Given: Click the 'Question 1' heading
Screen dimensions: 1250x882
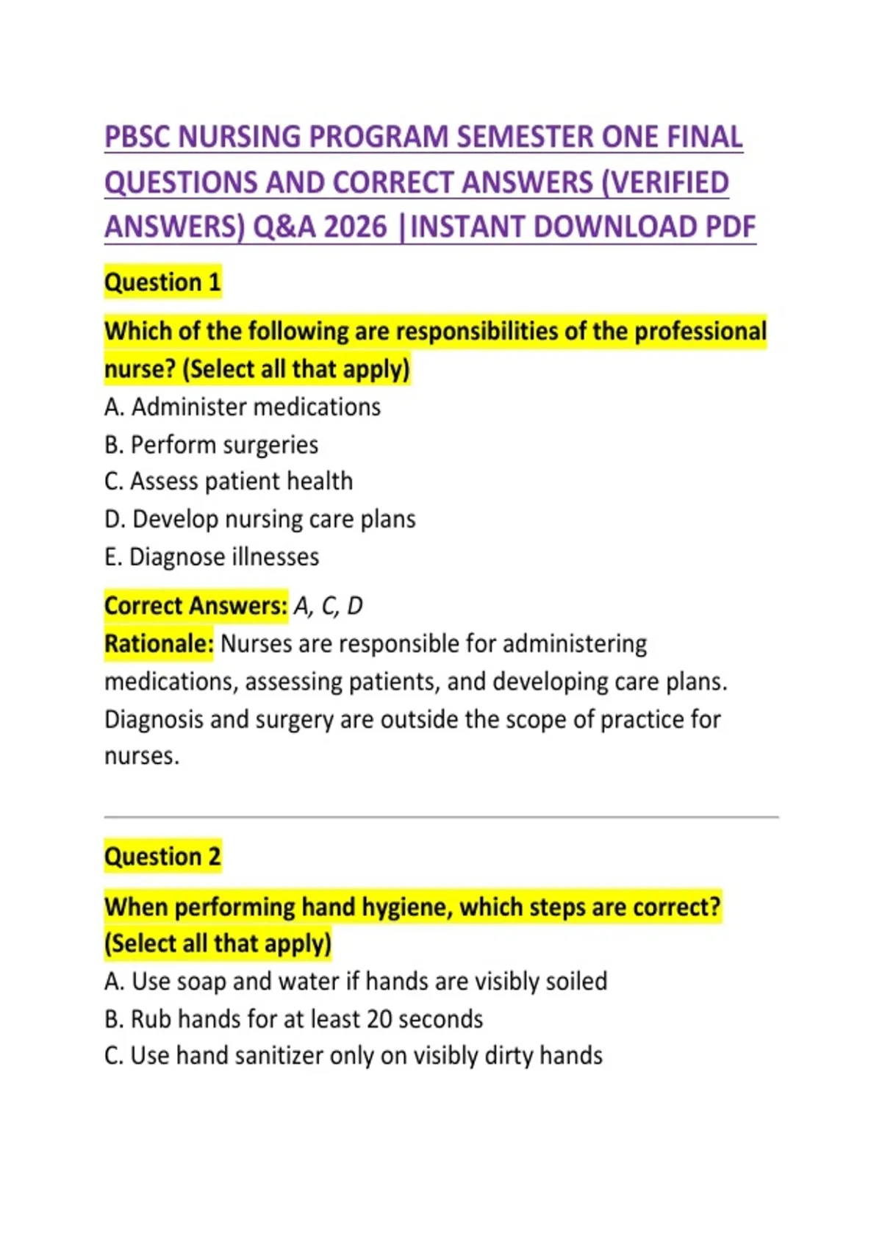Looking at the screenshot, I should (x=162, y=282).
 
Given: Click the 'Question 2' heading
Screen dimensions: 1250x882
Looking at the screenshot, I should (x=162, y=857).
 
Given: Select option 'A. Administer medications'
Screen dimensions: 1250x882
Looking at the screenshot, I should (x=243, y=407).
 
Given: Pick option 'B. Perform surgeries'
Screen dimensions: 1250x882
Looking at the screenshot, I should (x=211, y=445).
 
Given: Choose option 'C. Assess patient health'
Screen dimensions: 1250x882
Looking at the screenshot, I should (x=229, y=482).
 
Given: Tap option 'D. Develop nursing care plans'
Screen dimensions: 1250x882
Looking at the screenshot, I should (x=260, y=519).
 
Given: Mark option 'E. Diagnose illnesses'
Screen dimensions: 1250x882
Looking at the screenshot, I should (x=212, y=557).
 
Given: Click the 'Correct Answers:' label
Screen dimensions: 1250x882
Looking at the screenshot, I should (x=196, y=606).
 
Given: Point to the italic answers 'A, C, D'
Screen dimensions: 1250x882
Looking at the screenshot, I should (x=328, y=606).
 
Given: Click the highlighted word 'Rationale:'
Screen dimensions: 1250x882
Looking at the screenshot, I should (x=159, y=644).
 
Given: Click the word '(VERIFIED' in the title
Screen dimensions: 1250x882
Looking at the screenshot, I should (x=664, y=182).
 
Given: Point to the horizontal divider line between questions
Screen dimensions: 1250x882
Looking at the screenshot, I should (x=441, y=816).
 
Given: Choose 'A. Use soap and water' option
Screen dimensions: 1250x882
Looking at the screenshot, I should (x=356, y=982).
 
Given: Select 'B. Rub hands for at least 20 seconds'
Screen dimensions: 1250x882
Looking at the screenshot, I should (x=293, y=1019).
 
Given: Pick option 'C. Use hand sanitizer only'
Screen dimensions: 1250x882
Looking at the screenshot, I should (x=353, y=1056).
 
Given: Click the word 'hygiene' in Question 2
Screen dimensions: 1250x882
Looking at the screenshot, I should (x=406, y=907).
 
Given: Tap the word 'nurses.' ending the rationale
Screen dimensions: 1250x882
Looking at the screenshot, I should (x=142, y=757).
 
